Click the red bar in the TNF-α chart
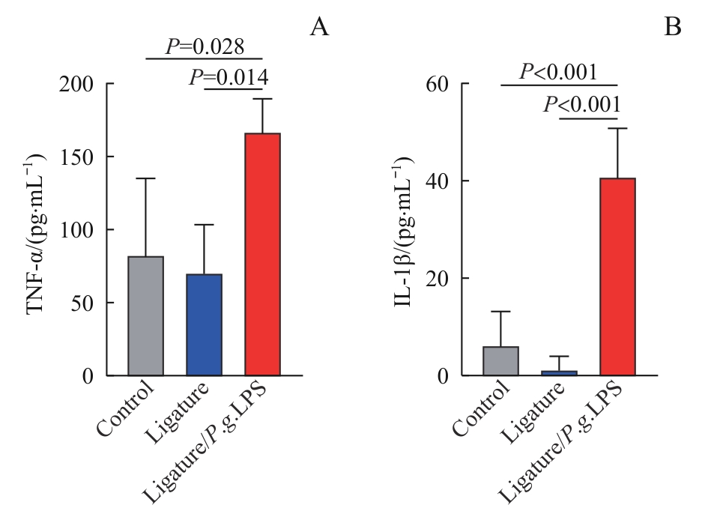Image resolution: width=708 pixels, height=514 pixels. [x=262, y=255]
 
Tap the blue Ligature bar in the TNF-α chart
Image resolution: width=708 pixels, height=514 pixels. [x=204, y=325]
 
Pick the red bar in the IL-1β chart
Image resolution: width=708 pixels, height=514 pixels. [x=617, y=277]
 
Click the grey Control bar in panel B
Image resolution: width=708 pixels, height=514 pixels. [x=500, y=361]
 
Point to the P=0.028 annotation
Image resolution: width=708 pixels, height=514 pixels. [x=205, y=47]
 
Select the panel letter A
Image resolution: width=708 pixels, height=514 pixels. [x=319, y=28]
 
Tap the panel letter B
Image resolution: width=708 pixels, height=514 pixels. [x=673, y=28]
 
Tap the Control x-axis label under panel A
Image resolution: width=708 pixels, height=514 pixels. [x=126, y=409]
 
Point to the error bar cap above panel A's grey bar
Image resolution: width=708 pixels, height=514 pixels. [x=145, y=178]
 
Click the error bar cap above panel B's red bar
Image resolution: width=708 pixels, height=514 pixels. [x=617, y=129]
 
